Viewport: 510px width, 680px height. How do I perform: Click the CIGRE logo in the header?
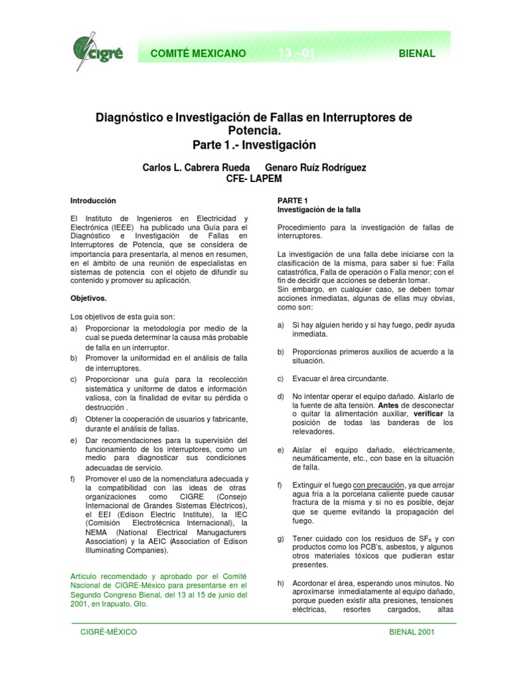(x=97, y=53)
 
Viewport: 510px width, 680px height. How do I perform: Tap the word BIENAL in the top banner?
(x=417, y=54)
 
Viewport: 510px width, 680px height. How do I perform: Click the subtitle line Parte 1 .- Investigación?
(x=255, y=145)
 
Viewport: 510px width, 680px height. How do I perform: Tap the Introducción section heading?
(x=93, y=201)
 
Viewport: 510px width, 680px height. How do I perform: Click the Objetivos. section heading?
(x=88, y=299)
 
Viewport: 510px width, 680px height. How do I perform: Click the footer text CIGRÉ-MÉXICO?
(x=108, y=632)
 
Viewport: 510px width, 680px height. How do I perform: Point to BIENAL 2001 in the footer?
(x=412, y=632)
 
